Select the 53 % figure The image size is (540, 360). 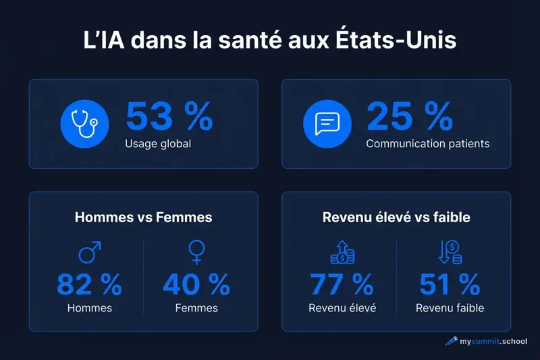click(169, 118)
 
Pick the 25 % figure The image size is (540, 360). click(409, 118)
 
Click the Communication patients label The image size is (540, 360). click(427, 144)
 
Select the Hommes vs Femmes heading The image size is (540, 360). click(143, 217)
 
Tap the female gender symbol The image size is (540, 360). click(196, 253)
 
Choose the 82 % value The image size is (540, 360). click(89, 285)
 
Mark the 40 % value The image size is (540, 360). click(196, 285)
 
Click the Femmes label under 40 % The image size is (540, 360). click(196, 308)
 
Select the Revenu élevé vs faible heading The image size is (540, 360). click(396, 217)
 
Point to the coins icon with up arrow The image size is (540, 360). click(342, 253)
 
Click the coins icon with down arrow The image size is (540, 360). click(450, 253)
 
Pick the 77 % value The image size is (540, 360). click(342, 285)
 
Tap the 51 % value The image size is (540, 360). click(450, 285)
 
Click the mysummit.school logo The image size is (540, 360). click(486, 341)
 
